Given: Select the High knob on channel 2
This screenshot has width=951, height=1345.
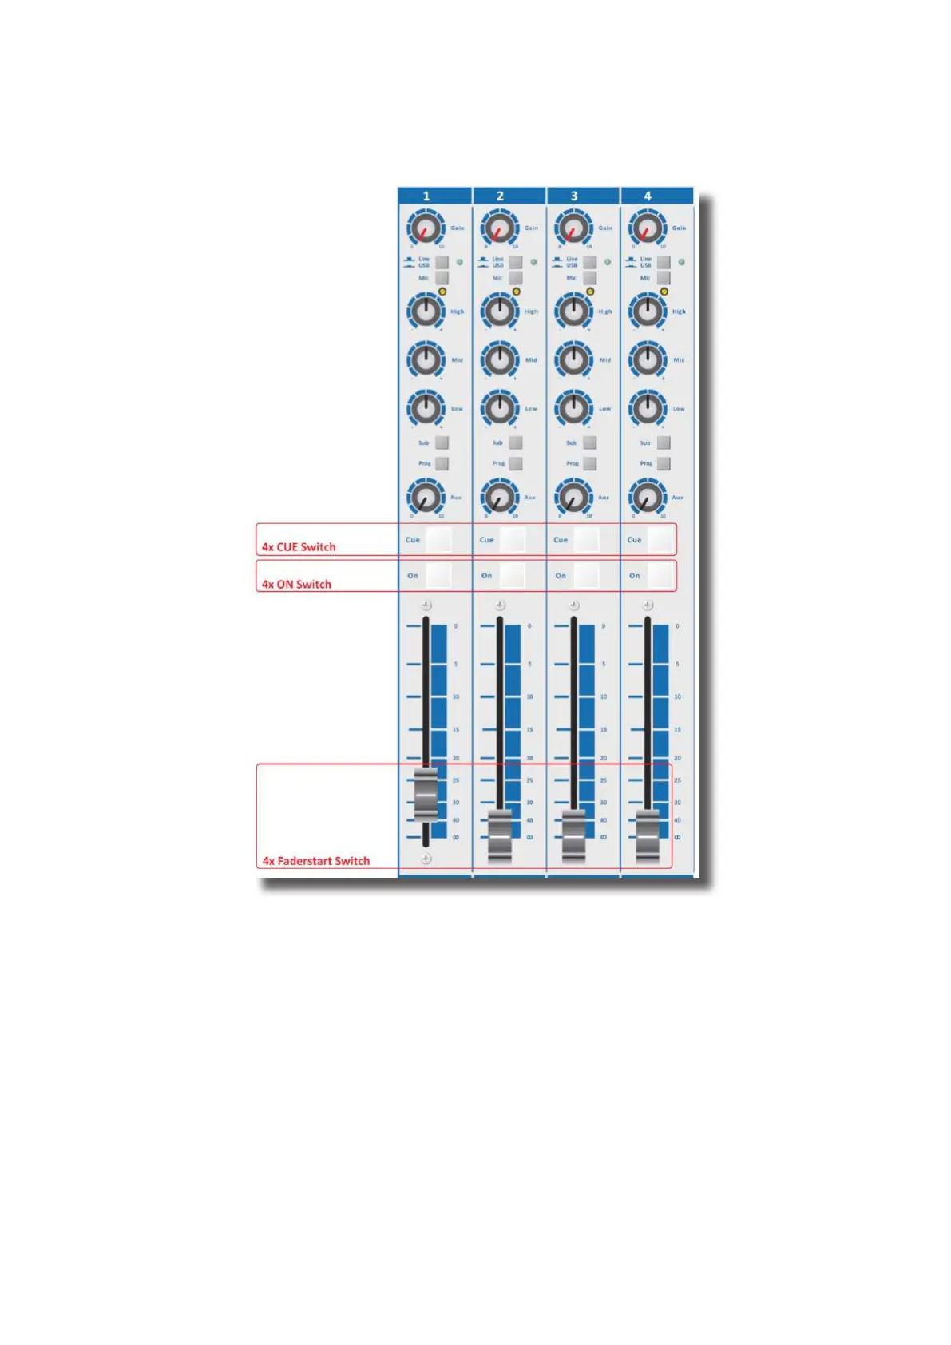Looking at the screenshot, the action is point(500,311).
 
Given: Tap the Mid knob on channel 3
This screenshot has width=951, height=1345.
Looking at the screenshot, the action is point(573,359).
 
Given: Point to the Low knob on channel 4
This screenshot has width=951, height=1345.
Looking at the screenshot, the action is point(648,408).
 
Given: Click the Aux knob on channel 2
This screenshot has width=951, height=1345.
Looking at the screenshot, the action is point(500,498).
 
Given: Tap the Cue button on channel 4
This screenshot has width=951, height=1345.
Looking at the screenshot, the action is point(660,540).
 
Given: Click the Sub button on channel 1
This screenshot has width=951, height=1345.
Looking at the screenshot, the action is point(442,442).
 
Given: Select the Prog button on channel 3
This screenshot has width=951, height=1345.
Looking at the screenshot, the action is point(590,463).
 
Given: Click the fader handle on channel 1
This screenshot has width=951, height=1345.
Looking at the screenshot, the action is point(426,795).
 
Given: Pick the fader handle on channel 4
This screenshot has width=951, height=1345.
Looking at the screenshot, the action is point(648,835).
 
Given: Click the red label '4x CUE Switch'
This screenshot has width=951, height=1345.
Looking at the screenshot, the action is point(299,547).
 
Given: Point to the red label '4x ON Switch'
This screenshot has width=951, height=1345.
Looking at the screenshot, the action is point(296,585).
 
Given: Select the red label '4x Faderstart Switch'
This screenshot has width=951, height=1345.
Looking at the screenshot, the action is point(316,861).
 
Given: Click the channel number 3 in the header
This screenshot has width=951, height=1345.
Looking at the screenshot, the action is point(574,196).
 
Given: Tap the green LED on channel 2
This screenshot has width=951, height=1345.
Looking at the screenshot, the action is point(533,262).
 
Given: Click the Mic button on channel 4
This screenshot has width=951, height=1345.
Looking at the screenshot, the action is point(664,278).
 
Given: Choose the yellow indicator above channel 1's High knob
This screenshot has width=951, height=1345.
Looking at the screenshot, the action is point(442,292).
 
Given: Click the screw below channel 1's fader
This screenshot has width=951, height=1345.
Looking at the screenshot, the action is point(426,859).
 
